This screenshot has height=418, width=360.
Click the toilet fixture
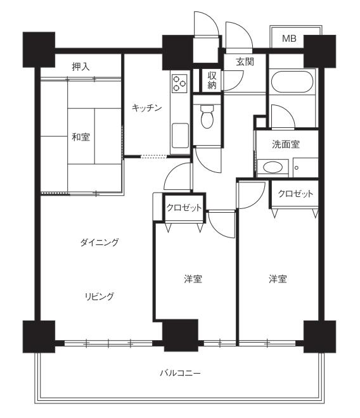click(x=207, y=117)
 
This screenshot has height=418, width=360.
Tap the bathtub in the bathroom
click(x=292, y=82)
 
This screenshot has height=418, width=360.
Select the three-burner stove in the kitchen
click(x=179, y=84)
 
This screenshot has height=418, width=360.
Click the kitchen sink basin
click(x=180, y=136)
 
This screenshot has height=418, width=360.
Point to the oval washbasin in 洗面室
click(x=273, y=167)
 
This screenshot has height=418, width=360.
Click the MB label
click(x=289, y=39)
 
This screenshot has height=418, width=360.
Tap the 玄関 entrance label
click(x=245, y=62)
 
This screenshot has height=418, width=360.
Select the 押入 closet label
click(x=80, y=66)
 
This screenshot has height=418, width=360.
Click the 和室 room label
click(x=81, y=137)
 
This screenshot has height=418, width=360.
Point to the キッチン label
click(x=147, y=108)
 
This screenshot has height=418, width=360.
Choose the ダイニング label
click(x=100, y=243)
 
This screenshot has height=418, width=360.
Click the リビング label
click(x=100, y=296)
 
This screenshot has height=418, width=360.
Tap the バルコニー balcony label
click(x=181, y=372)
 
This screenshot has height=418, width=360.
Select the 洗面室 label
click(x=286, y=144)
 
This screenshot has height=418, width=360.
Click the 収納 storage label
click(x=212, y=80)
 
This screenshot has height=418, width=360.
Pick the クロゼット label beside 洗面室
click(x=295, y=194)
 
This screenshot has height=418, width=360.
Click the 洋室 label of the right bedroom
click(x=278, y=279)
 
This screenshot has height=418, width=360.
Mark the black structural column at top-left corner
click(x=39, y=49)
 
